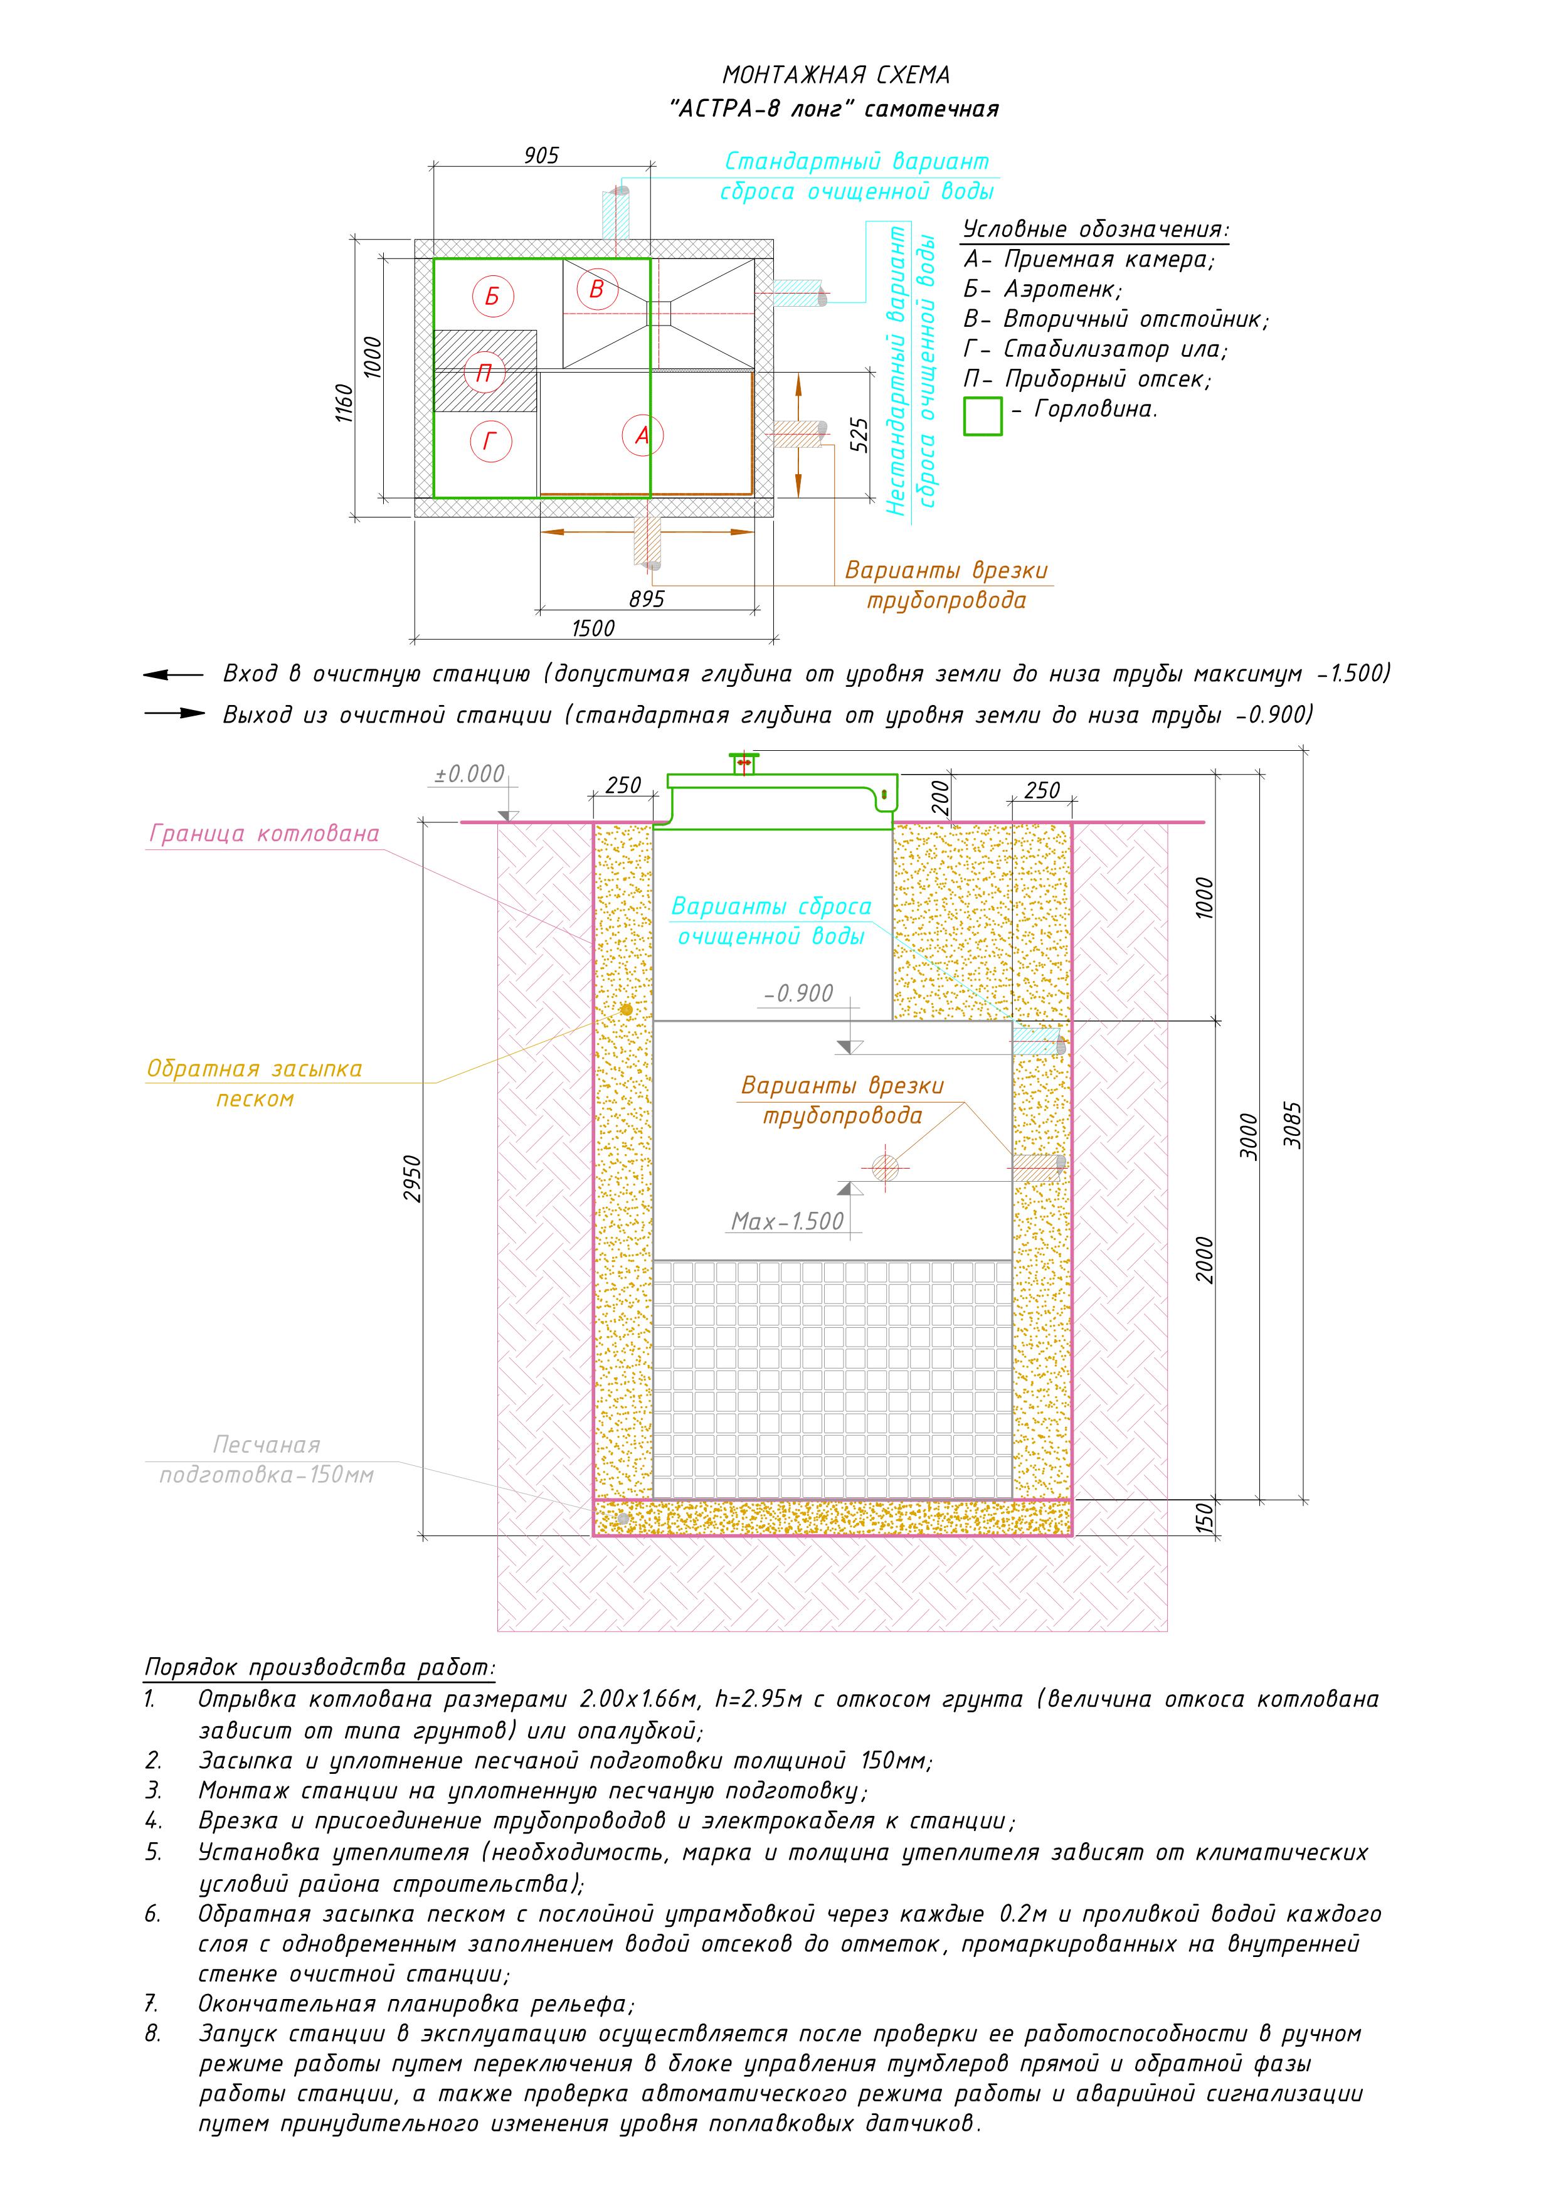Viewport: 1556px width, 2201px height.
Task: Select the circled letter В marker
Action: [596, 289]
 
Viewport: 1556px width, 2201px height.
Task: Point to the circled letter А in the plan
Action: [642, 435]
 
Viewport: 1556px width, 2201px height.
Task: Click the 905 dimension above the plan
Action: [542, 156]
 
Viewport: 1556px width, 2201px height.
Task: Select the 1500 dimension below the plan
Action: [593, 628]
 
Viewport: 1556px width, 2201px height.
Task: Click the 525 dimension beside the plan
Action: [859, 435]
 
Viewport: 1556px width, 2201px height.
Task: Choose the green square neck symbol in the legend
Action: [983, 416]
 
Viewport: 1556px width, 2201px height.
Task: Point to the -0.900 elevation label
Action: [798, 993]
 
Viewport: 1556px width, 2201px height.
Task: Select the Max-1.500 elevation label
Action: [787, 1221]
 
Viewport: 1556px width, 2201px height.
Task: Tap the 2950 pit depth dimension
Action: [412, 1179]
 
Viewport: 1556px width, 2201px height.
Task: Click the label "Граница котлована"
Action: [263, 834]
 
